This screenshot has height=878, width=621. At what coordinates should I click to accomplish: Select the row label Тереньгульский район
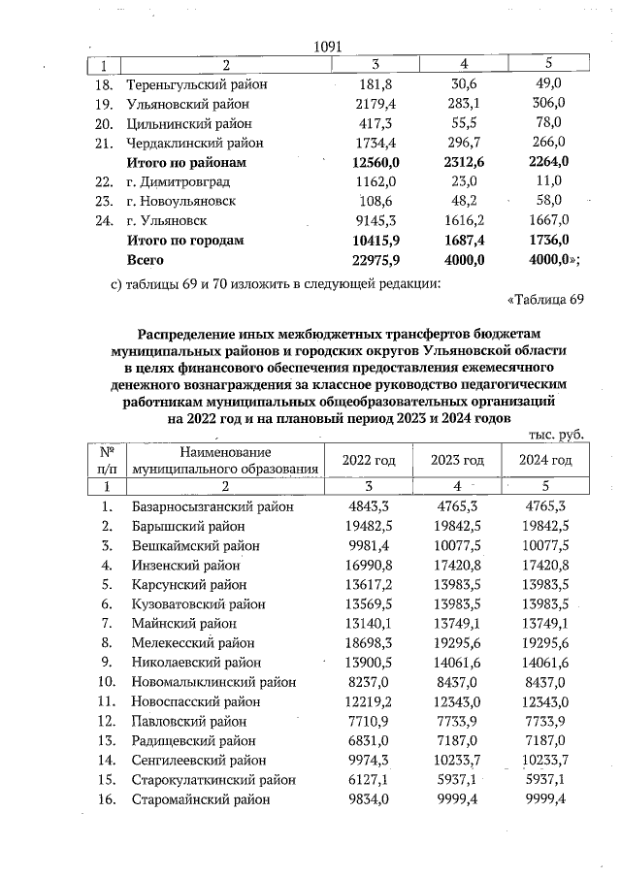(197, 84)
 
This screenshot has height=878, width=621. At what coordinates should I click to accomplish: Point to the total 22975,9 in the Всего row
(361, 260)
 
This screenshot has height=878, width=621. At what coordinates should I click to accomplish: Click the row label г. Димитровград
(181, 181)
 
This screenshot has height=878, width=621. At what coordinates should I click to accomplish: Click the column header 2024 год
(545, 460)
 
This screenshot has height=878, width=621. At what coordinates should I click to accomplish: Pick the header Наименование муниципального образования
(225, 460)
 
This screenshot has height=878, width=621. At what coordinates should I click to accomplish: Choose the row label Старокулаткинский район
(212, 779)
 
